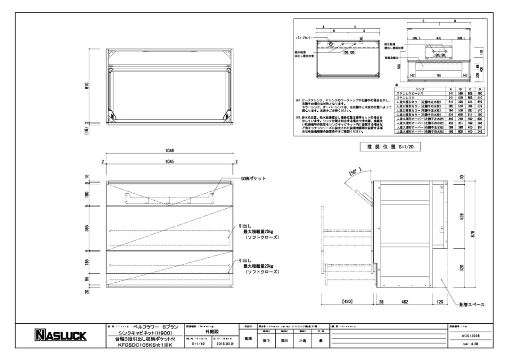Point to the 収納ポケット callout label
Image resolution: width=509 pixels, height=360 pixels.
(253, 179)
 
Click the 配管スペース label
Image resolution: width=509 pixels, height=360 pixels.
(472, 304)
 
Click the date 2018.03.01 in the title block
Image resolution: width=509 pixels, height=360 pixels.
(224, 344)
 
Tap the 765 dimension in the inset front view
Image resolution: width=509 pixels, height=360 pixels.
(438, 75)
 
